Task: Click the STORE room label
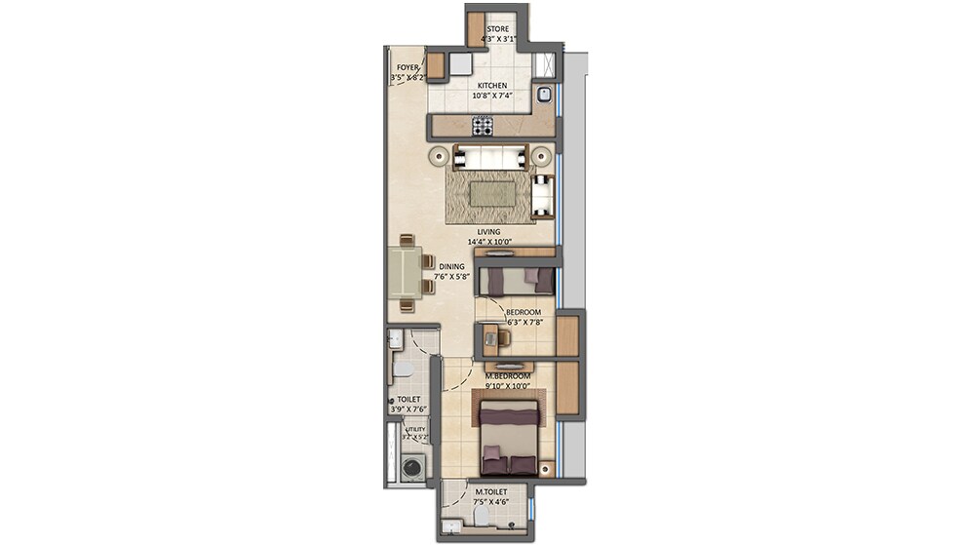pyautogui.click(x=498, y=29)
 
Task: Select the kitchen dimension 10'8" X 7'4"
pyautogui.click(x=491, y=97)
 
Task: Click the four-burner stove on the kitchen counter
pyautogui.click(x=483, y=126)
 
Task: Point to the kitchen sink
pyautogui.click(x=544, y=95)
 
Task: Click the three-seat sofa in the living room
pyautogui.click(x=489, y=156)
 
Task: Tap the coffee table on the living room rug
pyautogui.click(x=489, y=194)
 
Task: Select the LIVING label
pyautogui.click(x=488, y=232)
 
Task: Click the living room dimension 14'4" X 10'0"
pyautogui.click(x=488, y=242)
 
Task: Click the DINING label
pyautogui.click(x=451, y=265)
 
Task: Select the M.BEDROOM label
pyautogui.click(x=507, y=375)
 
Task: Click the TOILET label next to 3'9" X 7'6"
pyautogui.click(x=408, y=400)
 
